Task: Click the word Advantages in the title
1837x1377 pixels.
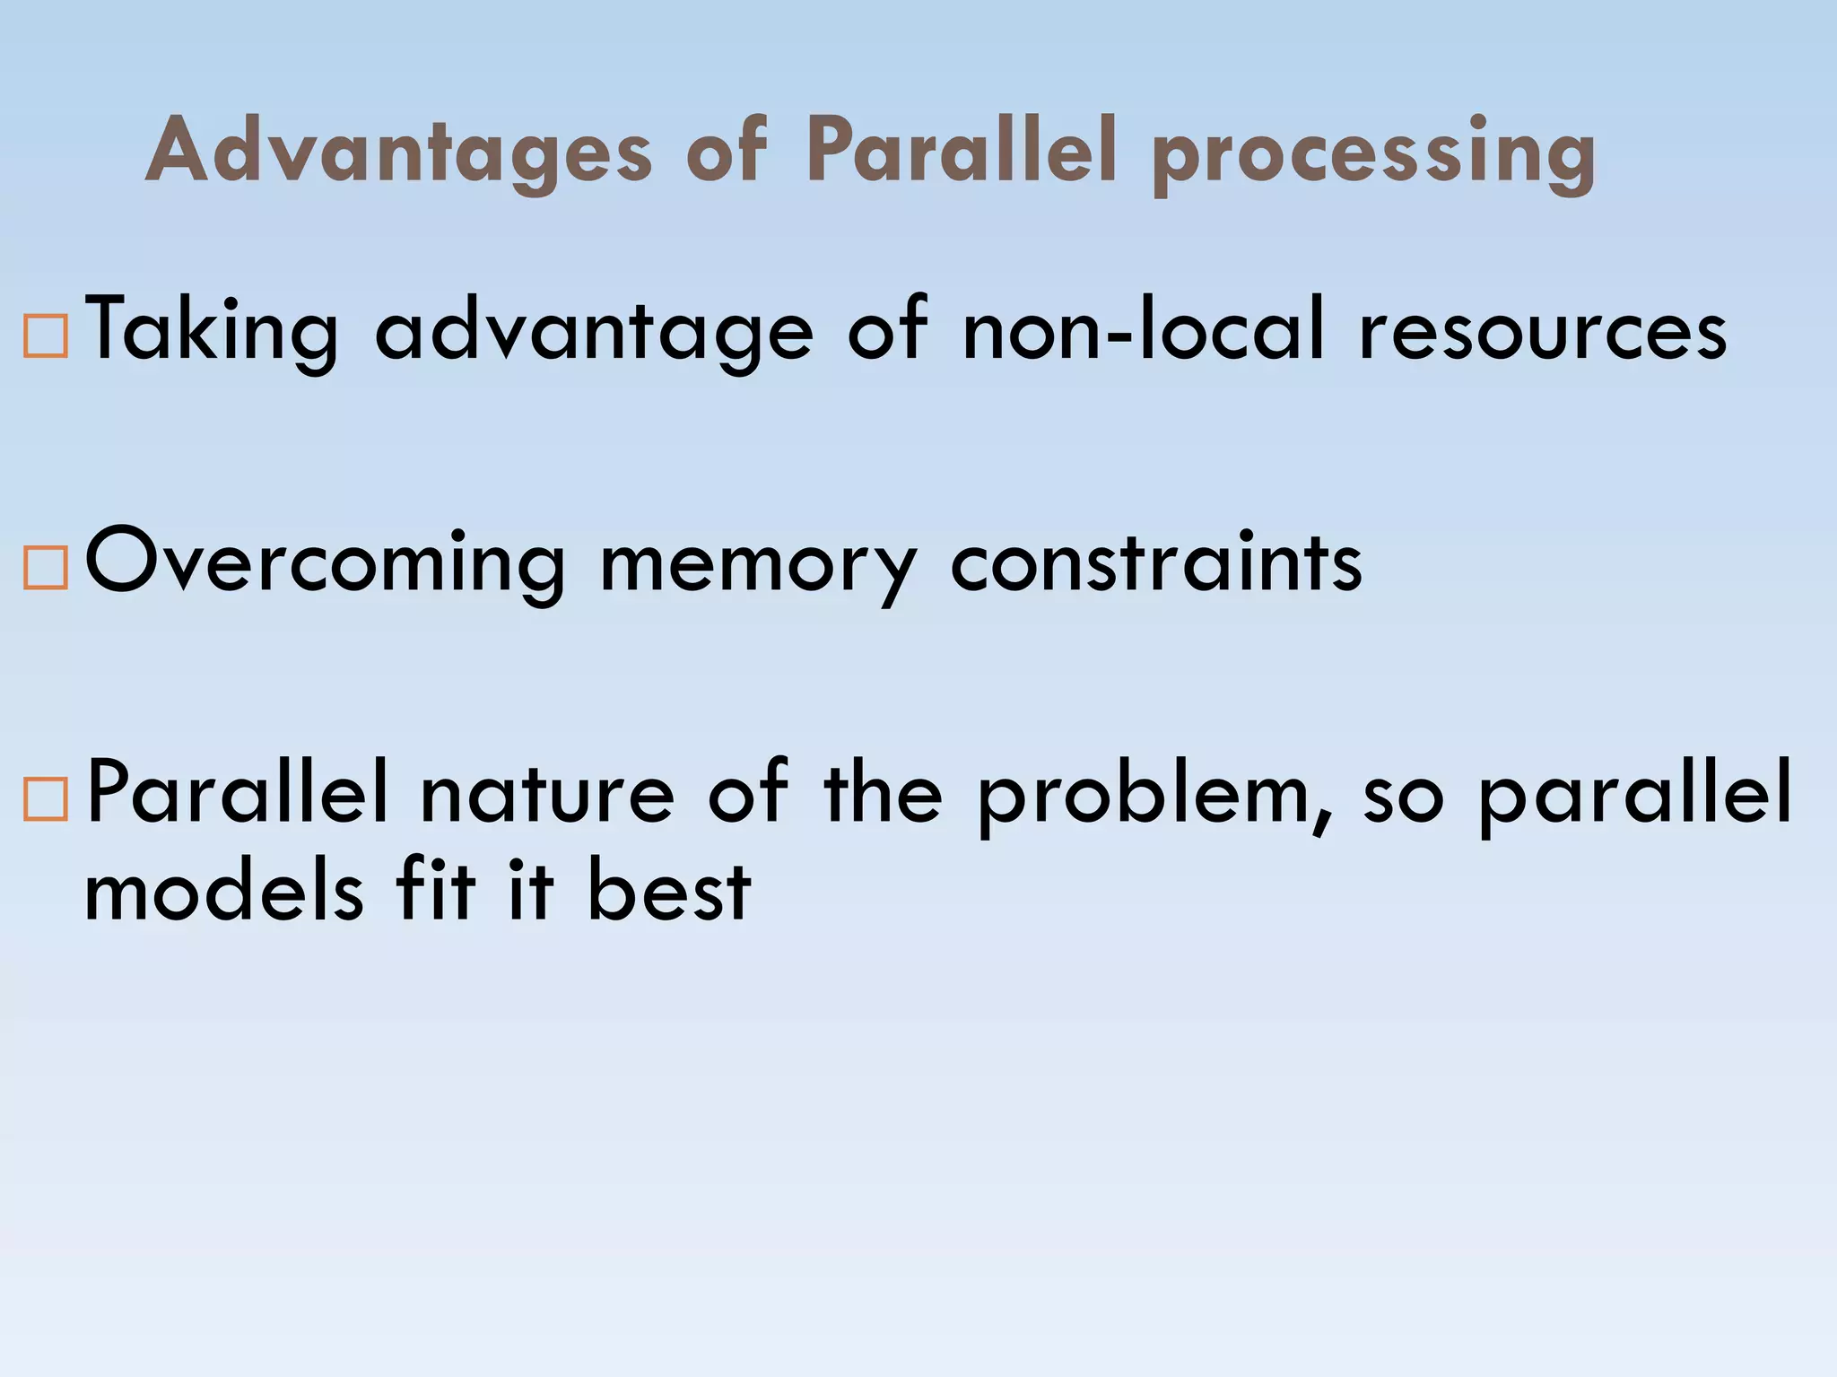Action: pyautogui.click(x=398, y=151)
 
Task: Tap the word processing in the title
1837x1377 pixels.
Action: pyautogui.click(x=1374, y=153)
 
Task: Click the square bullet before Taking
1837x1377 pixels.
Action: pyautogui.click(x=46, y=336)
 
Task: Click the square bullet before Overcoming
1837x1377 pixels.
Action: pyautogui.click(x=46, y=567)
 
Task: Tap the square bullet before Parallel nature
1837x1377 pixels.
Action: pyautogui.click(x=46, y=798)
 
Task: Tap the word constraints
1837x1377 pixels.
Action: pyautogui.click(x=1155, y=562)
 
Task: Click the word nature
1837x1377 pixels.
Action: pyautogui.click(x=547, y=793)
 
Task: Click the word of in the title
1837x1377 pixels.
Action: pyautogui.click(x=727, y=151)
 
